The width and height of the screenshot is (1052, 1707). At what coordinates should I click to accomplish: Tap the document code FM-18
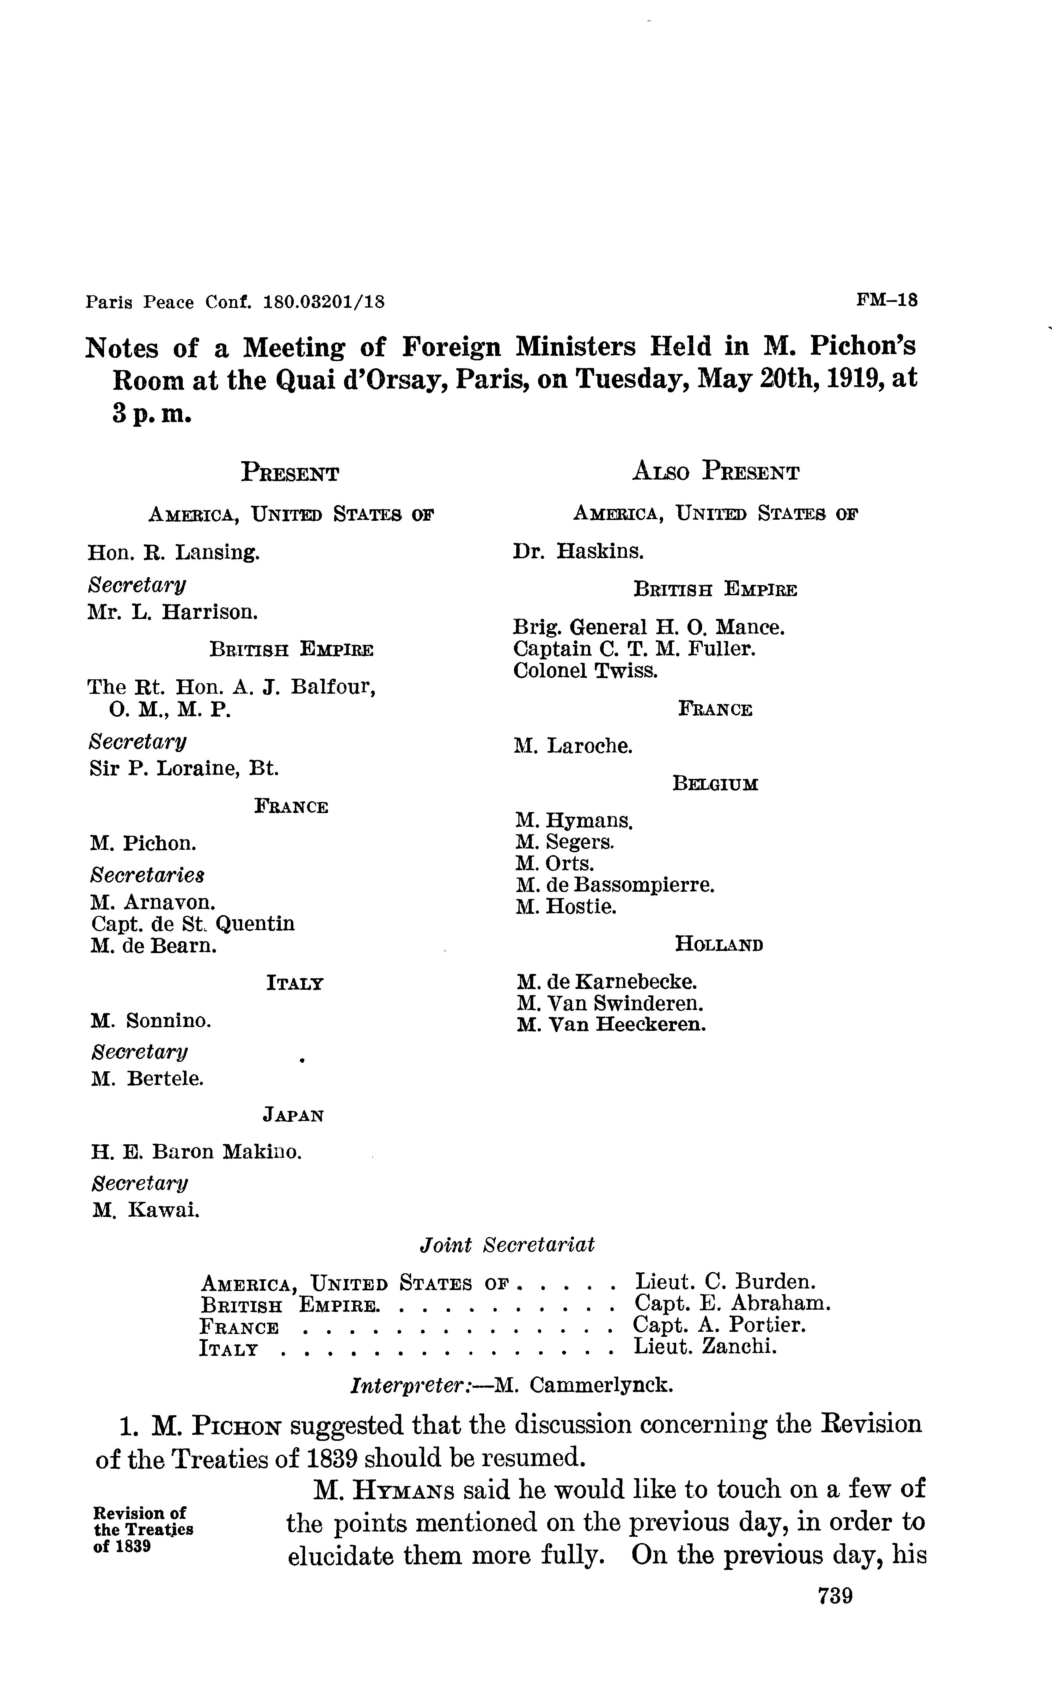[x=887, y=301]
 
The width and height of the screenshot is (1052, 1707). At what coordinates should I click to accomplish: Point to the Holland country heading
[x=719, y=945]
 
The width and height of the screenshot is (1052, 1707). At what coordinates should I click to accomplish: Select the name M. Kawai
[x=146, y=1211]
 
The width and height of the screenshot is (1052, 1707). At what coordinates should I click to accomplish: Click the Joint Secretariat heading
[x=507, y=1245]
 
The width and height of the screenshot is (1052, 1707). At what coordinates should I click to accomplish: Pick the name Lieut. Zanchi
[x=705, y=1347]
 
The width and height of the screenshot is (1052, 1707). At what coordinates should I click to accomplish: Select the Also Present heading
[x=715, y=472]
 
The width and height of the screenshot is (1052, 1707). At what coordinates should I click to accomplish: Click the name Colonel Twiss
[x=585, y=671]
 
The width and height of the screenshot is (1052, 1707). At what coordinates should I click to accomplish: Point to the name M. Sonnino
[x=150, y=1021]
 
